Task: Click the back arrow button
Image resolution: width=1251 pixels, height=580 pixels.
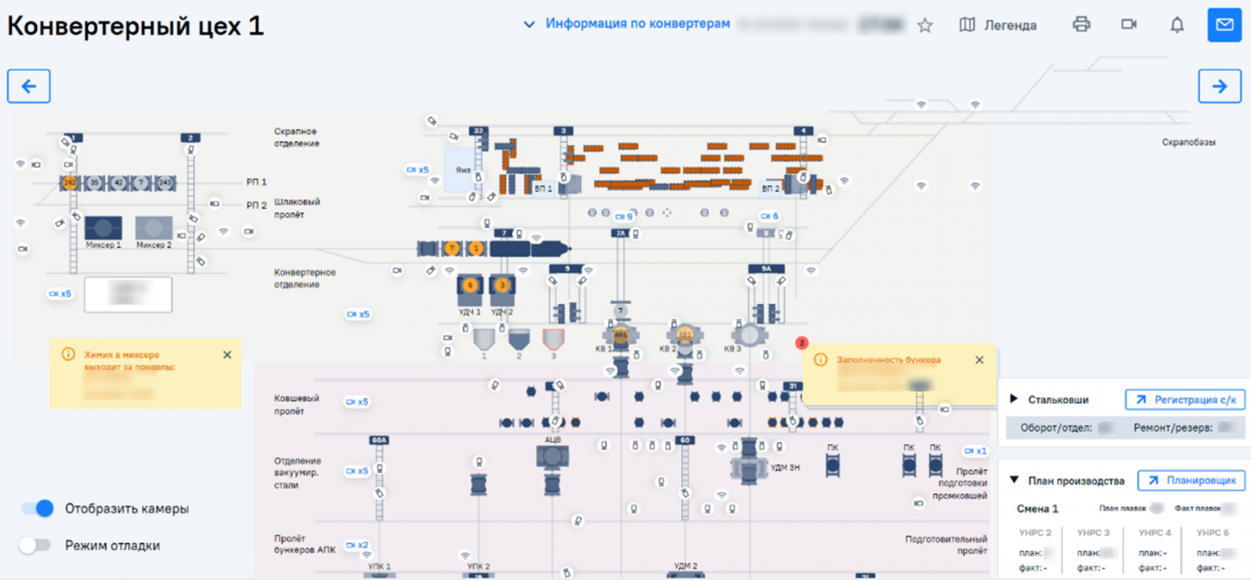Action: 29,87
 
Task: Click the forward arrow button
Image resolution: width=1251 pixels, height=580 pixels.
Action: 1219,87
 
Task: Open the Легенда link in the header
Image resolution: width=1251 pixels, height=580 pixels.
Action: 998,25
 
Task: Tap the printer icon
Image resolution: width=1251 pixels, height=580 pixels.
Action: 1081,25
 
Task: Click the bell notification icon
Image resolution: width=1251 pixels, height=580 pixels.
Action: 1176,25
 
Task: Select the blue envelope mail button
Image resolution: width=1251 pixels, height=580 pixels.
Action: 1224,25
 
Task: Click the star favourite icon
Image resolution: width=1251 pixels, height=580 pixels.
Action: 925,26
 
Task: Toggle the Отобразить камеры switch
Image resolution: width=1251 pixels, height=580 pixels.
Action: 37,508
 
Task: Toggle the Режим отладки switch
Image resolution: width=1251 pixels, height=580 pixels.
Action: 37,546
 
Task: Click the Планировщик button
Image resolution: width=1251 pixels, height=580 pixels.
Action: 1191,481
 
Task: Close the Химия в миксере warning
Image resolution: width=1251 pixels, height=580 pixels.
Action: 227,355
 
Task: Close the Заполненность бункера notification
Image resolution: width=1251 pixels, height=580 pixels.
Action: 979,360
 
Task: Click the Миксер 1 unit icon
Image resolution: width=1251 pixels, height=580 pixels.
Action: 103,228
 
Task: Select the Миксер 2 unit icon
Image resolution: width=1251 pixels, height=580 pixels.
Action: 153,228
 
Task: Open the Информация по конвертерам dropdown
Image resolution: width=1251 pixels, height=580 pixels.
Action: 627,24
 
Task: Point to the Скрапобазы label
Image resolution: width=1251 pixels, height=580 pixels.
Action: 1188,142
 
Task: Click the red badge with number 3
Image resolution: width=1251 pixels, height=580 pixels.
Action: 801,343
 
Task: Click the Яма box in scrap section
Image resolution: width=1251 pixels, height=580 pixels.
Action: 460,169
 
